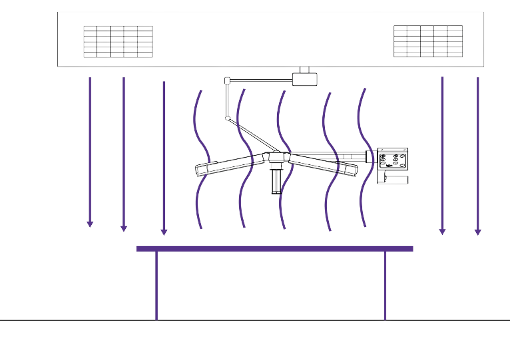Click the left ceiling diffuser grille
[x=119, y=41]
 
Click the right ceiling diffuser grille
[x=427, y=41]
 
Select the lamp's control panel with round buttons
[x=393, y=160]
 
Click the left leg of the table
[x=157, y=286]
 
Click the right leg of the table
[x=385, y=286]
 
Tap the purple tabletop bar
[x=274, y=249]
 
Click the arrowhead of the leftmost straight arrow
[x=90, y=224]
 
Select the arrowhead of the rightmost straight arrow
[x=477, y=232]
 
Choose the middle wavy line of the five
[x=282, y=160]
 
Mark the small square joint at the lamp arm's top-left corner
[x=227, y=81]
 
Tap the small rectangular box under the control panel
[x=393, y=178]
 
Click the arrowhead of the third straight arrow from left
[x=164, y=232]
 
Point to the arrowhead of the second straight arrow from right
[x=441, y=231]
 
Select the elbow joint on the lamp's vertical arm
[x=228, y=118]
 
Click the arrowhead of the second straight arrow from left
[x=123, y=229]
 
